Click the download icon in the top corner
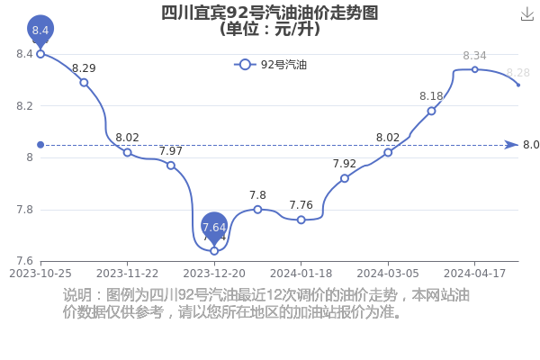[526, 14]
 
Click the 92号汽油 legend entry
[270, 65]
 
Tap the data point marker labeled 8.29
[84, 83]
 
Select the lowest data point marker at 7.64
[214, 251]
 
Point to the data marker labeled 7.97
[171, 166]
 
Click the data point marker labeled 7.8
[257, 210]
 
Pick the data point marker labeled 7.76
[301, 220]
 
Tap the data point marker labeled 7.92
[345, 178]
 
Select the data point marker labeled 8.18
[431, 111]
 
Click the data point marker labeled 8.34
[475, 69]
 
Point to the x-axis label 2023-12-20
[214, 274]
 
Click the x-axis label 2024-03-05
[388, 274]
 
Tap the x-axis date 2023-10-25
[40, 274]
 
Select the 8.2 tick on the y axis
[25, 106]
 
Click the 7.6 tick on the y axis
[25, 261]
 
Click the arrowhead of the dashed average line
[511, 145]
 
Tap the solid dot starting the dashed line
[40, 145]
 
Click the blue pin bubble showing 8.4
[40, 30]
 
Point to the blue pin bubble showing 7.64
[214, 227]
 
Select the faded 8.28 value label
[518, 73]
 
